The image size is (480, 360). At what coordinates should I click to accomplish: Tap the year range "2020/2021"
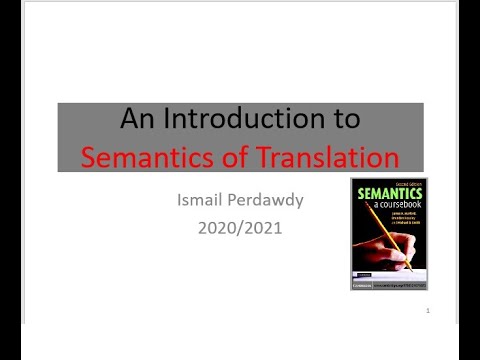[x=240, y=228]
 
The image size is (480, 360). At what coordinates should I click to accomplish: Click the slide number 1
[x=427, y=312]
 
